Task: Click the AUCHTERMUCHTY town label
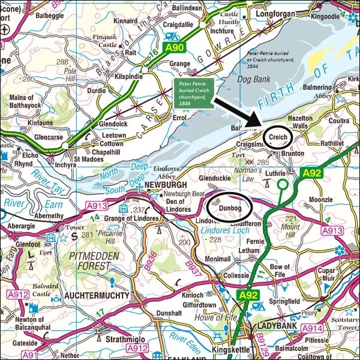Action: click(x=90, y=296)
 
